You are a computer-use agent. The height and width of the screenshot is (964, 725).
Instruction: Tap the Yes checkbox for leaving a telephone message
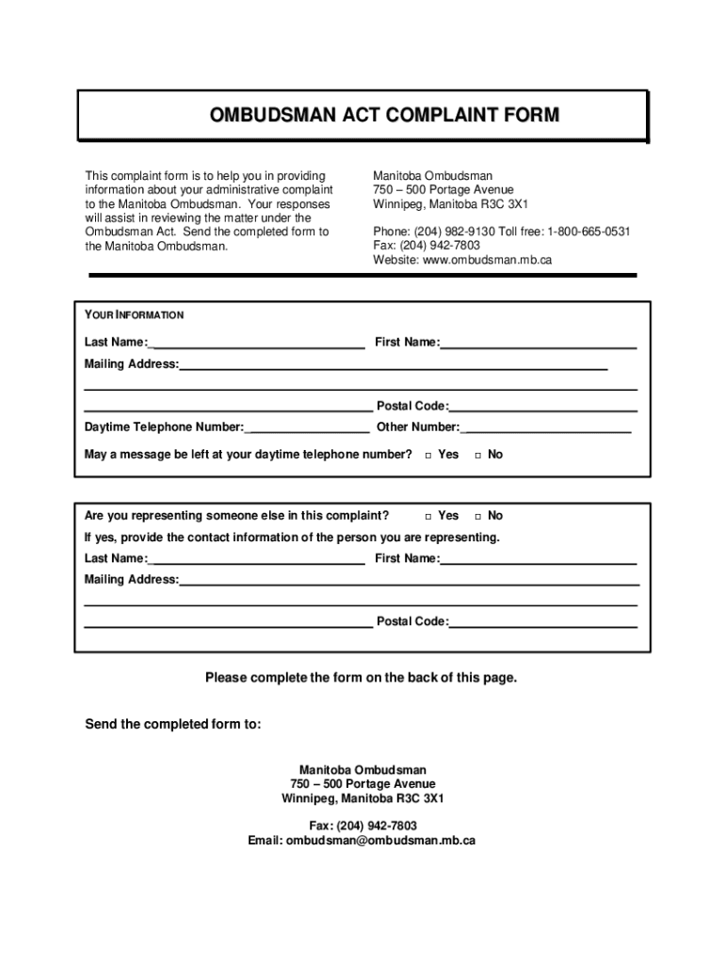point(427,456)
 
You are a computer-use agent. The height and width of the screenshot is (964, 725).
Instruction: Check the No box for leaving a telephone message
point(477,456)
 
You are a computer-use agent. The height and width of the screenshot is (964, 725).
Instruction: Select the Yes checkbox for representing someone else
point(427,517)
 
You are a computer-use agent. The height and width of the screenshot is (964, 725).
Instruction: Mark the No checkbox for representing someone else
point(477,517)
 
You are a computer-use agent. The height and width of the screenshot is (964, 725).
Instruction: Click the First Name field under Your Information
point(538,343)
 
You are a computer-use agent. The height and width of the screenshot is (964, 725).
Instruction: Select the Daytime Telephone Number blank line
point(307,428)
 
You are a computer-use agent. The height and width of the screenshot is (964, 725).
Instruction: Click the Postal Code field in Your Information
point(543,407)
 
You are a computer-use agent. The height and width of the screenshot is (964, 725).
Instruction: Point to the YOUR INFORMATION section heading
point(134,315)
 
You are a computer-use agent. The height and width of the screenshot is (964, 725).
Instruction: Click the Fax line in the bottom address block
point(362,826)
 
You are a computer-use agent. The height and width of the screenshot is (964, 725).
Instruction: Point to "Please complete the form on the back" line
point(362,678)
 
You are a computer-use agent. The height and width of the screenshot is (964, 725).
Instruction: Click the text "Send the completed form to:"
point(173,725)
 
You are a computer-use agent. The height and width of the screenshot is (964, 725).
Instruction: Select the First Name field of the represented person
point(538,559)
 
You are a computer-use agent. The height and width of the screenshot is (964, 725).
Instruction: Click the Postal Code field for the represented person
point(543,622)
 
